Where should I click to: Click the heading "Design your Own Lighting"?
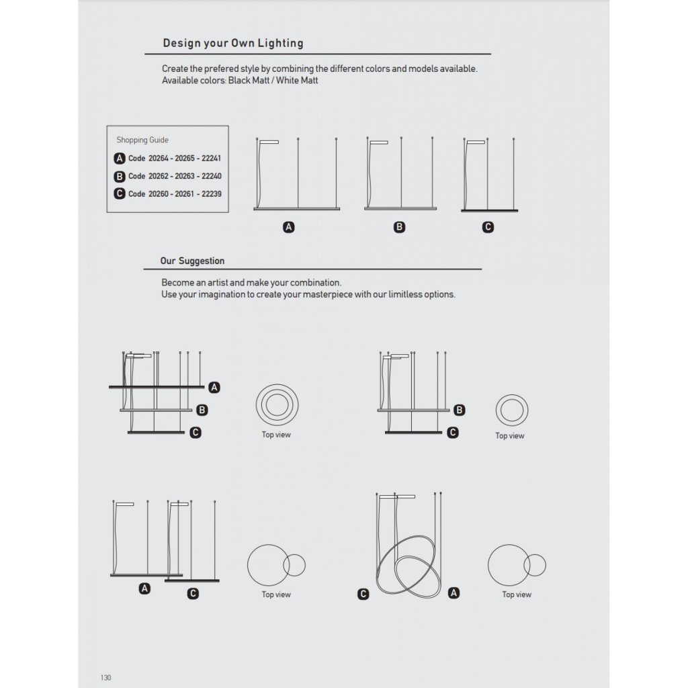pos(232,44)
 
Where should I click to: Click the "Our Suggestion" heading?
pos(192,261)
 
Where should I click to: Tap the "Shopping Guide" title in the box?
pos(142,140)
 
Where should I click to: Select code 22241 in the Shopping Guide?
pos(210,159)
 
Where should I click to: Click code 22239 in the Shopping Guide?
pos(211,193)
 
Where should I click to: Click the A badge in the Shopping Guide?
pos(120,159)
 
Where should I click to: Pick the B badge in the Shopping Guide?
pos(120,176)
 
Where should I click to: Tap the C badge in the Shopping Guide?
pos(120,193)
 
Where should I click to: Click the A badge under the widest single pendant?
pos(290,227)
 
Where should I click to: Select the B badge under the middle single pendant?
pos(400,227)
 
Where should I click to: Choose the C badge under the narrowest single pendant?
pos(488,227)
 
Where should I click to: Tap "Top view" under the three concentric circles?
pos(276,435)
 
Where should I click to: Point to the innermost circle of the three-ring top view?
pos(276,405)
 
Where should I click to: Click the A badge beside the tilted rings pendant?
pos(454,593)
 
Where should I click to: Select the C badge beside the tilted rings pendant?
pos(363,594)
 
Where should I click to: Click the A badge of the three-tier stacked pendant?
pos(214,387)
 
